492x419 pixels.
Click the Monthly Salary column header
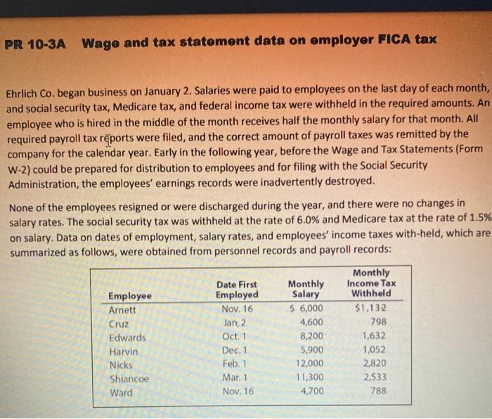306,289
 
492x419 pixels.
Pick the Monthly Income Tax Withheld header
371,283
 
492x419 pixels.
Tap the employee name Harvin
124,351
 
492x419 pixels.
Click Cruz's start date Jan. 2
235,323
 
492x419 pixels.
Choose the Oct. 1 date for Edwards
235,337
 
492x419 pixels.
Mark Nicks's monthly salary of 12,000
309,363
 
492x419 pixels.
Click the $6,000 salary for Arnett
307,309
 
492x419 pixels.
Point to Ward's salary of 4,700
311,392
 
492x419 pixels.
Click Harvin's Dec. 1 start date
235,350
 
